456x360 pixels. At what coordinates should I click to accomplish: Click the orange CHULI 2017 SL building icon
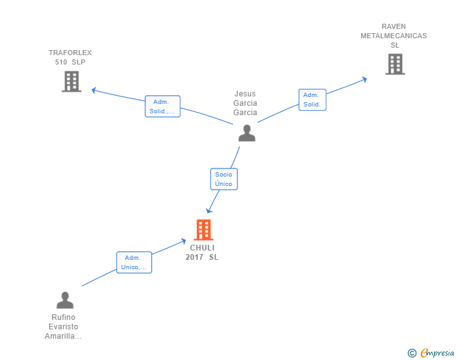(203, 230)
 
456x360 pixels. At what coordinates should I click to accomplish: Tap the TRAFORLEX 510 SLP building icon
(71, 81)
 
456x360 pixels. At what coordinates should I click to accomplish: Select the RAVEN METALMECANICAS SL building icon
(395, 64)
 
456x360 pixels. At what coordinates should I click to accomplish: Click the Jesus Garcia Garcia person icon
(247, 133)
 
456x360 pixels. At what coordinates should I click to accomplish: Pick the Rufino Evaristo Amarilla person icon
(65, 301)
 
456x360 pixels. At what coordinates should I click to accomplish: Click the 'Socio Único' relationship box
(224, 179)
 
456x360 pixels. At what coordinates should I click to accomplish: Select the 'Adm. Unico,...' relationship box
(134, 262)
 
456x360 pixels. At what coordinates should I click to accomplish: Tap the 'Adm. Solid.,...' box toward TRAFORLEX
(162, 106)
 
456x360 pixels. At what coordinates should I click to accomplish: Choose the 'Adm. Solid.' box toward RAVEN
(312, 100)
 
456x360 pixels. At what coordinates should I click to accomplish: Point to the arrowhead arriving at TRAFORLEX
(94, 90)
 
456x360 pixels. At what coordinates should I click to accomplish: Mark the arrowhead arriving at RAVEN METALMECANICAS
(364, 79)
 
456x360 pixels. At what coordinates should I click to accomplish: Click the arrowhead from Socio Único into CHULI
(209, 210)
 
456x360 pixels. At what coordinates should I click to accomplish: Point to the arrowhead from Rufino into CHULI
(184, 240)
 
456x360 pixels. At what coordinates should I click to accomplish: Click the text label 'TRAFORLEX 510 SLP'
(70, 58)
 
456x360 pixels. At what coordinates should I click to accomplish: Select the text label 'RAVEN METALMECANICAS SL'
(393, 36)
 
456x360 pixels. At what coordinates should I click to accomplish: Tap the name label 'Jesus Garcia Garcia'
(245, 103)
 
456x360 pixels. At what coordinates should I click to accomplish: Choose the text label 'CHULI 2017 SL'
(202, 252)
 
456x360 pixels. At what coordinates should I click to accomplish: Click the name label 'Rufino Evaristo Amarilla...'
(63, 327)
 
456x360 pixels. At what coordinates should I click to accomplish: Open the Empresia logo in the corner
(437, 353)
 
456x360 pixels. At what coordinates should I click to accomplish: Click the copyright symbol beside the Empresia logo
(412, 353)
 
